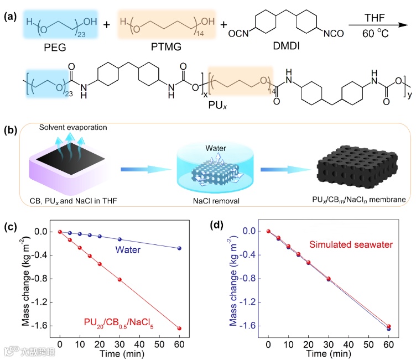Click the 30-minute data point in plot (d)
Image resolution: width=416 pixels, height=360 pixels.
point(329,279)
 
